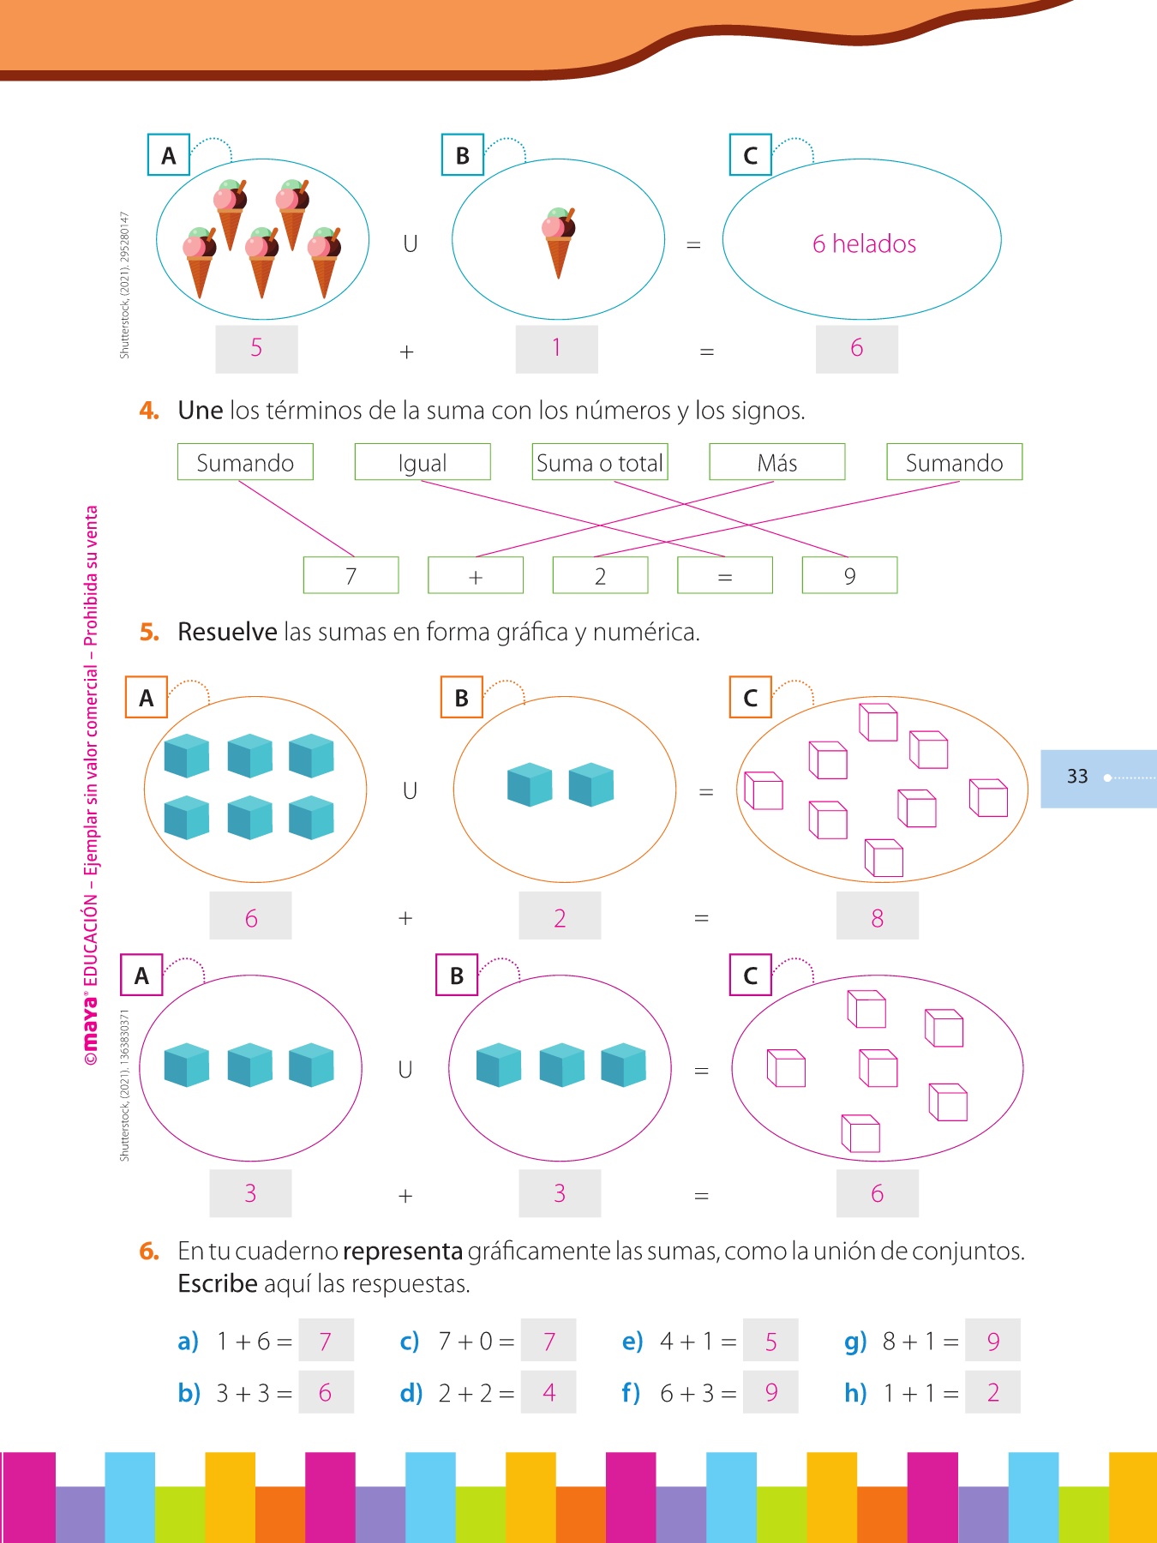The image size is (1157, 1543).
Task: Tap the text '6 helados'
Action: click(x=864, y=244)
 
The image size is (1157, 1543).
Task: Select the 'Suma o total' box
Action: click(x=599, y=462)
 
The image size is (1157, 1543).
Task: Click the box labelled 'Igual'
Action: click(x=423, y=462)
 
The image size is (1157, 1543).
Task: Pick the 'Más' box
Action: click(x=776, y=462)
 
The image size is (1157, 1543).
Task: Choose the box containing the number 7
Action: click(x=351, y=575)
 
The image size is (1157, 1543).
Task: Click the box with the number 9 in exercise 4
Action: click(x=849, y=575)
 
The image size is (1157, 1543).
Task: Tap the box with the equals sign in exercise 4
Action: click(x=724, y=575)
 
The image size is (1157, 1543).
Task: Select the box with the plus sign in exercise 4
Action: click(x=476, y=575)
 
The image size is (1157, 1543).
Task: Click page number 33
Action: click(x=1077, y=777)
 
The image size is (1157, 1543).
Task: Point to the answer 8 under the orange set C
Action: click(x=877, y=917)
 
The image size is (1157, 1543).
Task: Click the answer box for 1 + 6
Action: click(x=326, y=1341)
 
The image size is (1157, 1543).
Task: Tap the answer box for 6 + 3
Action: click(x=770, y=1393)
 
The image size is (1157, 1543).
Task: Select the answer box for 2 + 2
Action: click(x=549, y=1393)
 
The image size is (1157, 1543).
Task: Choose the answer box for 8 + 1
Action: click(x=992, y=1341)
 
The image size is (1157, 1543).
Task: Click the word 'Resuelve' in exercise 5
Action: click(x=227, y=632)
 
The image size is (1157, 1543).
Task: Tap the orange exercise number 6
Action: click(x=149, y=1252)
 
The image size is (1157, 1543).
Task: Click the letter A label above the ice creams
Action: click(x=169, y=155)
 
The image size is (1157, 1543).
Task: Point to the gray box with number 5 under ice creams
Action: click(x=256, y=348)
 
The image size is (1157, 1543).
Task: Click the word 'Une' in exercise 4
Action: click(x=201, y=411)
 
